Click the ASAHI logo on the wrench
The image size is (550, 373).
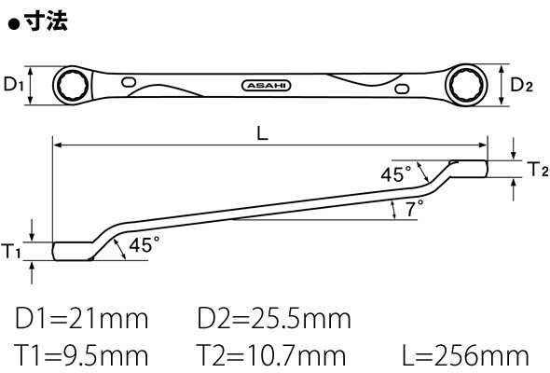pos(267,86)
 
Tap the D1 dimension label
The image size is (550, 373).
pos(13,84)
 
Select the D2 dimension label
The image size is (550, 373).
pos(522,85)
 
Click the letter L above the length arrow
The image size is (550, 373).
pos(262,133)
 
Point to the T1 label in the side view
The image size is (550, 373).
pos(11,251)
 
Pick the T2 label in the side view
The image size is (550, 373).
pos(538,169)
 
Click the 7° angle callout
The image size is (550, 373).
pos(414,208)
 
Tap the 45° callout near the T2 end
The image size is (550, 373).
pos(396,174)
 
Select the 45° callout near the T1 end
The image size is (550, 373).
pos(144,244)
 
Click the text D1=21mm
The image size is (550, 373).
pos(81,319)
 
